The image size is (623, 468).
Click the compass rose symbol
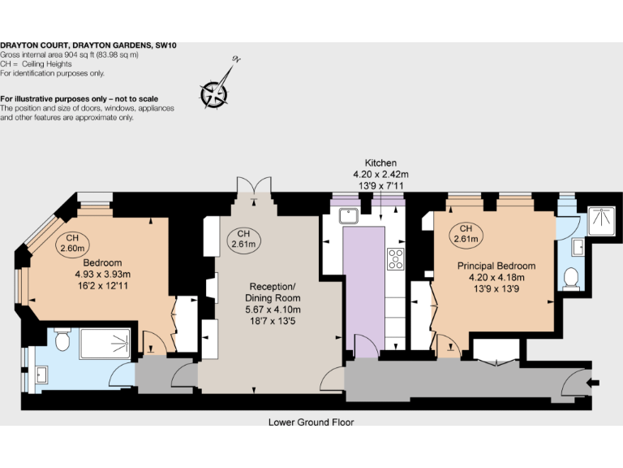click(x=215, y=91)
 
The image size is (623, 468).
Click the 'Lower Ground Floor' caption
click(x=311, y=422)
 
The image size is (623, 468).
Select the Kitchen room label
click(x=380, y=162)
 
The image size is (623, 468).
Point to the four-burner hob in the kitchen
click(x=397, y=259)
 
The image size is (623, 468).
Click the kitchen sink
click(x=351, y=216)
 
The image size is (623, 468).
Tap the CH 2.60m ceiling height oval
click(x=71, y=242)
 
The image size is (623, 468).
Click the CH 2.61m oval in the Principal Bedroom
click(x=466, y=233)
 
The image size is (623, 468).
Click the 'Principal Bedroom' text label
click(x=496, y=266)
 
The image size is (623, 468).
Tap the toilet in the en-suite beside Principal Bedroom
click(x=572, y=278)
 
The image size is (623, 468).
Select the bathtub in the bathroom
click(x=104, y=342)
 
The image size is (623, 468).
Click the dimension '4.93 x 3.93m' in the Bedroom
click(x=102, y=274)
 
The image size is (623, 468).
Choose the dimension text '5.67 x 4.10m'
click(x=273, y=310)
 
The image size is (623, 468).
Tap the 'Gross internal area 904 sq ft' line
click(x=70, y=54)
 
